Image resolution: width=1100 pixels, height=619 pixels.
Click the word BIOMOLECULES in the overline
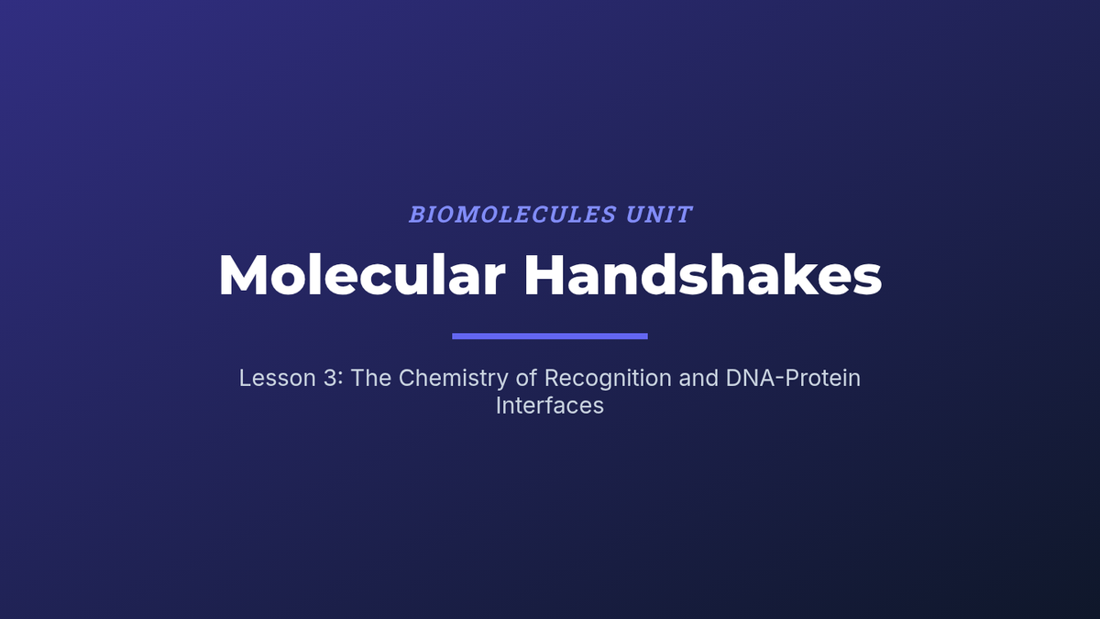point(512,215)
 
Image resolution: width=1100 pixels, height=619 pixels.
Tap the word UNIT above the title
point(659,215)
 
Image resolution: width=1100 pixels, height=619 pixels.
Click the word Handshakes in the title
point(703,274)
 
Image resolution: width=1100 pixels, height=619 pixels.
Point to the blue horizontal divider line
point(550,336)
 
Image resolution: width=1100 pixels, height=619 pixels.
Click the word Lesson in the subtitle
point(278,378)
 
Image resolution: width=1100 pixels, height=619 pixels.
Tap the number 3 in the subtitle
point(330,378)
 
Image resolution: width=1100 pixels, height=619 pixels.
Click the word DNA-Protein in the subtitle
point(793,378)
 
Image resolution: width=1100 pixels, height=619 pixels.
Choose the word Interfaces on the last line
point(549,405)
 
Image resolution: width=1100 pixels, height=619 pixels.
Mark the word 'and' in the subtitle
point(698,378)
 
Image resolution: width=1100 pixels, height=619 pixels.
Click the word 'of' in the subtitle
point(526,378)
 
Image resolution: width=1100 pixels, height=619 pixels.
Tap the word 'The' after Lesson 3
point(370,378)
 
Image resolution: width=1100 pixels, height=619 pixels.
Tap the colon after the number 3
point(340,381)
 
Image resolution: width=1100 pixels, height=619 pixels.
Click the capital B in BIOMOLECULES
point(417,215)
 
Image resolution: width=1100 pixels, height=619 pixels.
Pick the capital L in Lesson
point(245,378)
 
